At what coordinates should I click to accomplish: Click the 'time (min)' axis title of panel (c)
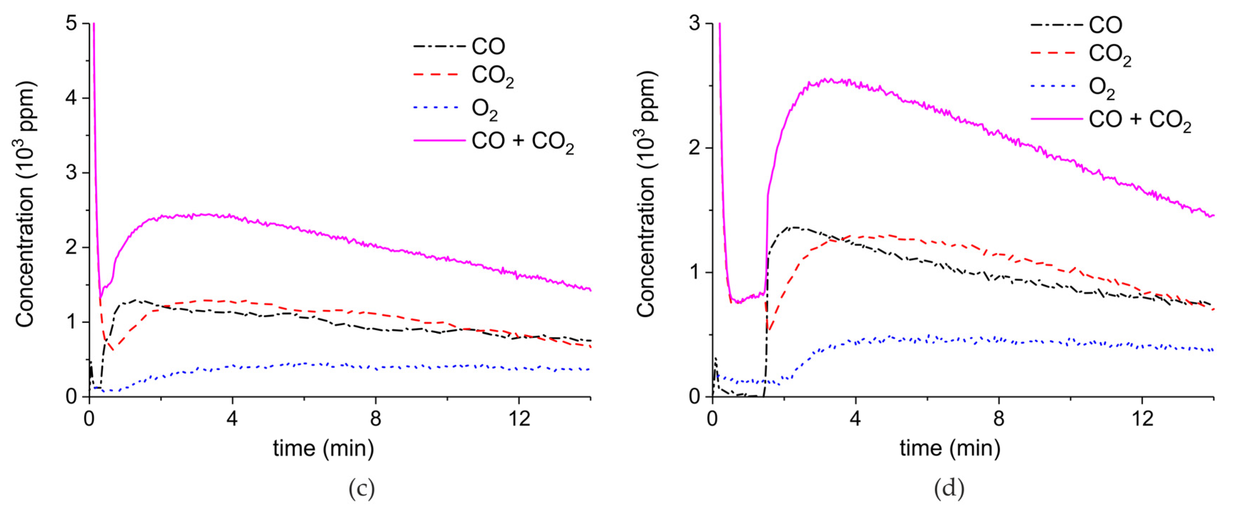(323, 448)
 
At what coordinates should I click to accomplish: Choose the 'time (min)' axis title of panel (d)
(950, 448)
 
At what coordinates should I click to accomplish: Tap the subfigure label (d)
(949, 489)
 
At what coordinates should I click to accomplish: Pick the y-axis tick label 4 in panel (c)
(72, 98)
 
